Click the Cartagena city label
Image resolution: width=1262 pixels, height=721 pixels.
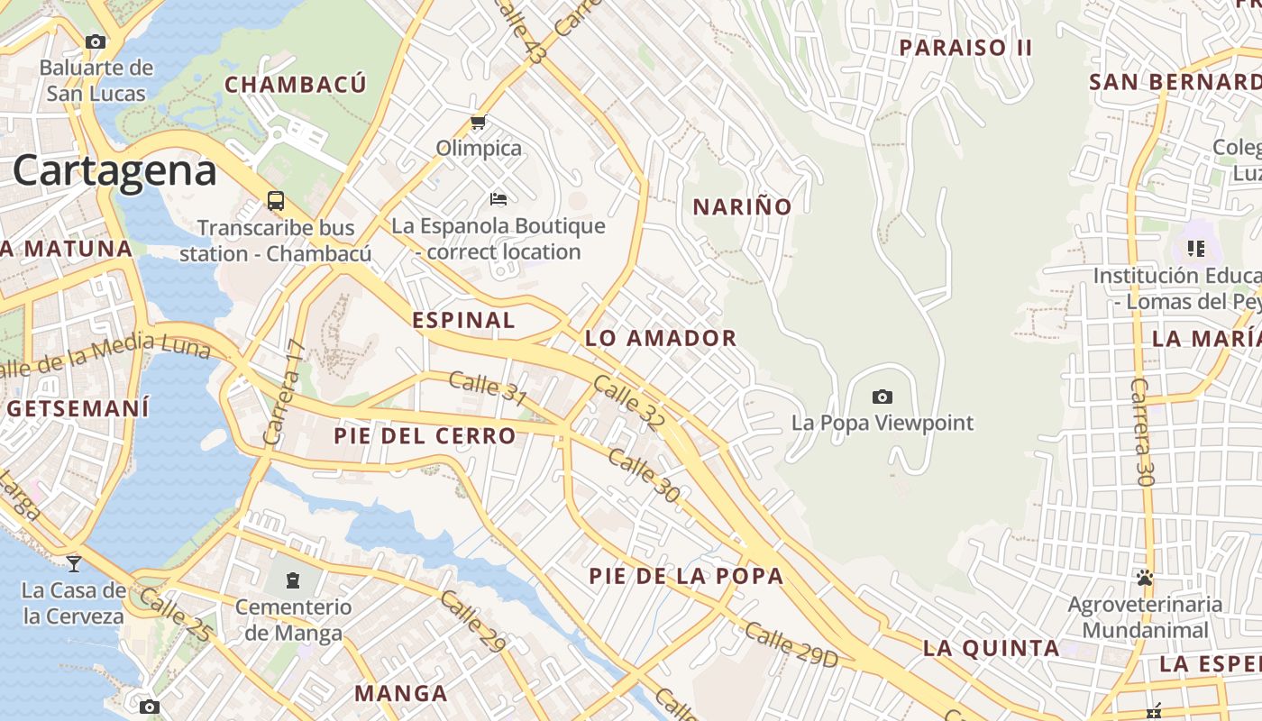point(114,170)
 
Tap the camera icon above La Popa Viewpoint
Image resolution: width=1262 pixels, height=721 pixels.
point(882,397)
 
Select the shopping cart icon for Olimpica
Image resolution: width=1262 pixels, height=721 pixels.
point(478,122)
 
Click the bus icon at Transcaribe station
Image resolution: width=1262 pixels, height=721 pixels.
point(276,201)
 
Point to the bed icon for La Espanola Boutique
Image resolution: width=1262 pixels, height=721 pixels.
point(498,198)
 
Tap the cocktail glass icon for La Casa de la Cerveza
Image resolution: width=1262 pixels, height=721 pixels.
point(73,564)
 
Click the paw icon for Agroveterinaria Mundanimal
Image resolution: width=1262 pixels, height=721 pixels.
point(1145,577)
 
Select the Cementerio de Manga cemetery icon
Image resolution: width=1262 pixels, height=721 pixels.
point(293,580)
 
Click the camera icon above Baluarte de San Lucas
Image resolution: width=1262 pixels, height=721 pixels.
point(95,41)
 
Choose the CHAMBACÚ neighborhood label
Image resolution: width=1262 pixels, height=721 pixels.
point(296,85)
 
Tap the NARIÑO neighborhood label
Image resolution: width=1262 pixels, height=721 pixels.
point(742,206)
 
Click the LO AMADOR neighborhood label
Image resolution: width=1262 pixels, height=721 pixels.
point(661,338)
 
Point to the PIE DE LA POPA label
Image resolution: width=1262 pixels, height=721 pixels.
point(686,576)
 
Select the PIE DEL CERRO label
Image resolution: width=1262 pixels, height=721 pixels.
point(425,436)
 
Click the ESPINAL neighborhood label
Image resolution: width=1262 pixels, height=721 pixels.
point(463,320)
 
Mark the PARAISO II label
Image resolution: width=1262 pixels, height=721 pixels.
point(965,48)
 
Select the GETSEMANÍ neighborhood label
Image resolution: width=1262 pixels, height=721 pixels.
point(78,408)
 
